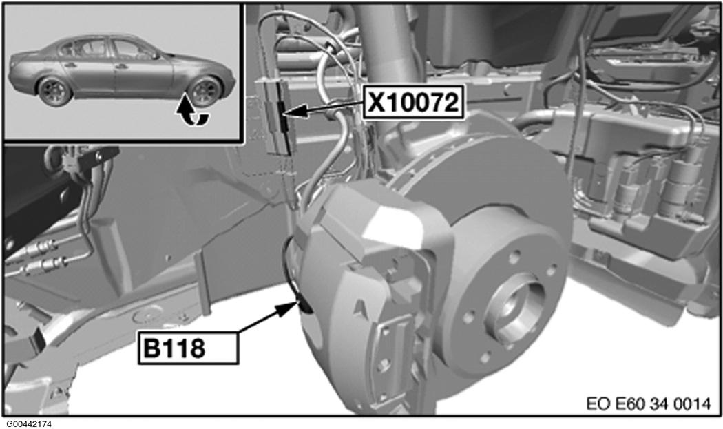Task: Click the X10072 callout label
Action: pyautogui.click(x=414, y=102)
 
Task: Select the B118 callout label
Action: pyautogui.click(x=188, y=348)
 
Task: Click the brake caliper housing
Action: pyautogui.click(x=369, y=286)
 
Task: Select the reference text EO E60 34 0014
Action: pyautogui.click(x=649, y=404)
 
